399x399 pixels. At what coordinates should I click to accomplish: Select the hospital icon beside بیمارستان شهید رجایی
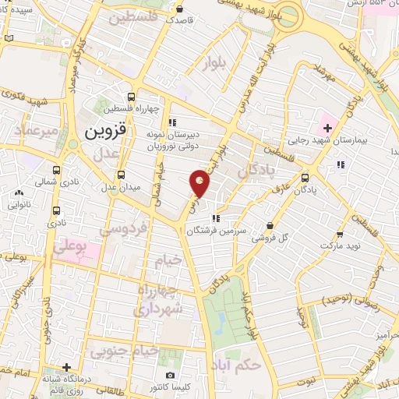coord(326,126)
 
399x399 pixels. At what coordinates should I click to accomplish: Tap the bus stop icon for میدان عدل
coord(120,175)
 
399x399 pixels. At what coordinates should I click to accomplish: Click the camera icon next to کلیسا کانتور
coord(171,376)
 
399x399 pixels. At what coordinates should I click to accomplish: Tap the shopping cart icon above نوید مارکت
coord(340,233)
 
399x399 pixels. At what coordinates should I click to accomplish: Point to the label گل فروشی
coord(274,237)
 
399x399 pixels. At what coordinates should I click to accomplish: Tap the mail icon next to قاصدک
coord(180,9)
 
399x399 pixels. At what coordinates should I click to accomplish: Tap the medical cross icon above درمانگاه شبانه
coord(68,367)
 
